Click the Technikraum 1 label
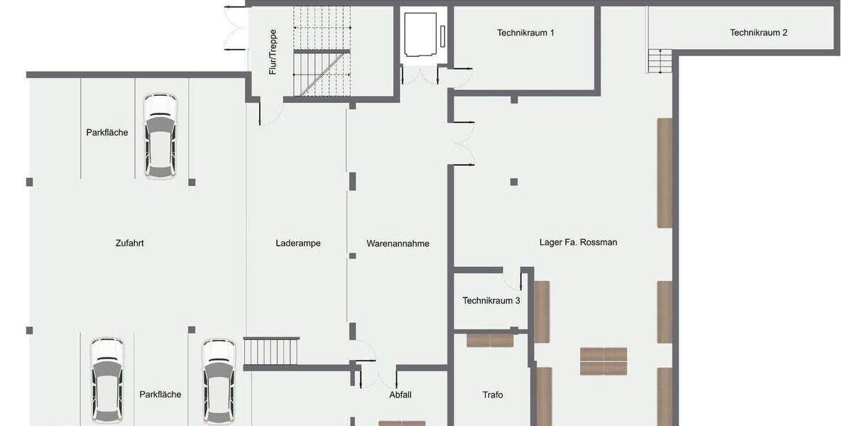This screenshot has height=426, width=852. pos(525,33)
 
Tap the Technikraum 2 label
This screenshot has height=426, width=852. pos(758,33)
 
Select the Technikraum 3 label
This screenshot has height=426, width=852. pos(491,300)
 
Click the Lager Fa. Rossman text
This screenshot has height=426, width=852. pos(578,242)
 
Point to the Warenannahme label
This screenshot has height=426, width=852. pos(398,244)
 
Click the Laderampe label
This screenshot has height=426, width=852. pos(298,244)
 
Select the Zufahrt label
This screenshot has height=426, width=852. pos(130,243)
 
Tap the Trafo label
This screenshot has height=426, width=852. pos(493,395)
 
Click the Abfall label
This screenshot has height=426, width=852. pos(400,395)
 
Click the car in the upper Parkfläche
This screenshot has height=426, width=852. pos(160,136)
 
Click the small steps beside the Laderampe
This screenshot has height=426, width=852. pos(271,351)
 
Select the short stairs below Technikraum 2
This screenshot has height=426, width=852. pos(660,61)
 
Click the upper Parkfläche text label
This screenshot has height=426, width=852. pos(107,132)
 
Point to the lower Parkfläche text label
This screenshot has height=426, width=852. pos(160,395)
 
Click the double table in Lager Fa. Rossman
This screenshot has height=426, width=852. pos(603,361)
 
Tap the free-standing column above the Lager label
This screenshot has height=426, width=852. pos(513,182)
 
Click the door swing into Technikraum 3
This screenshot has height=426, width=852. pos(512,277)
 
